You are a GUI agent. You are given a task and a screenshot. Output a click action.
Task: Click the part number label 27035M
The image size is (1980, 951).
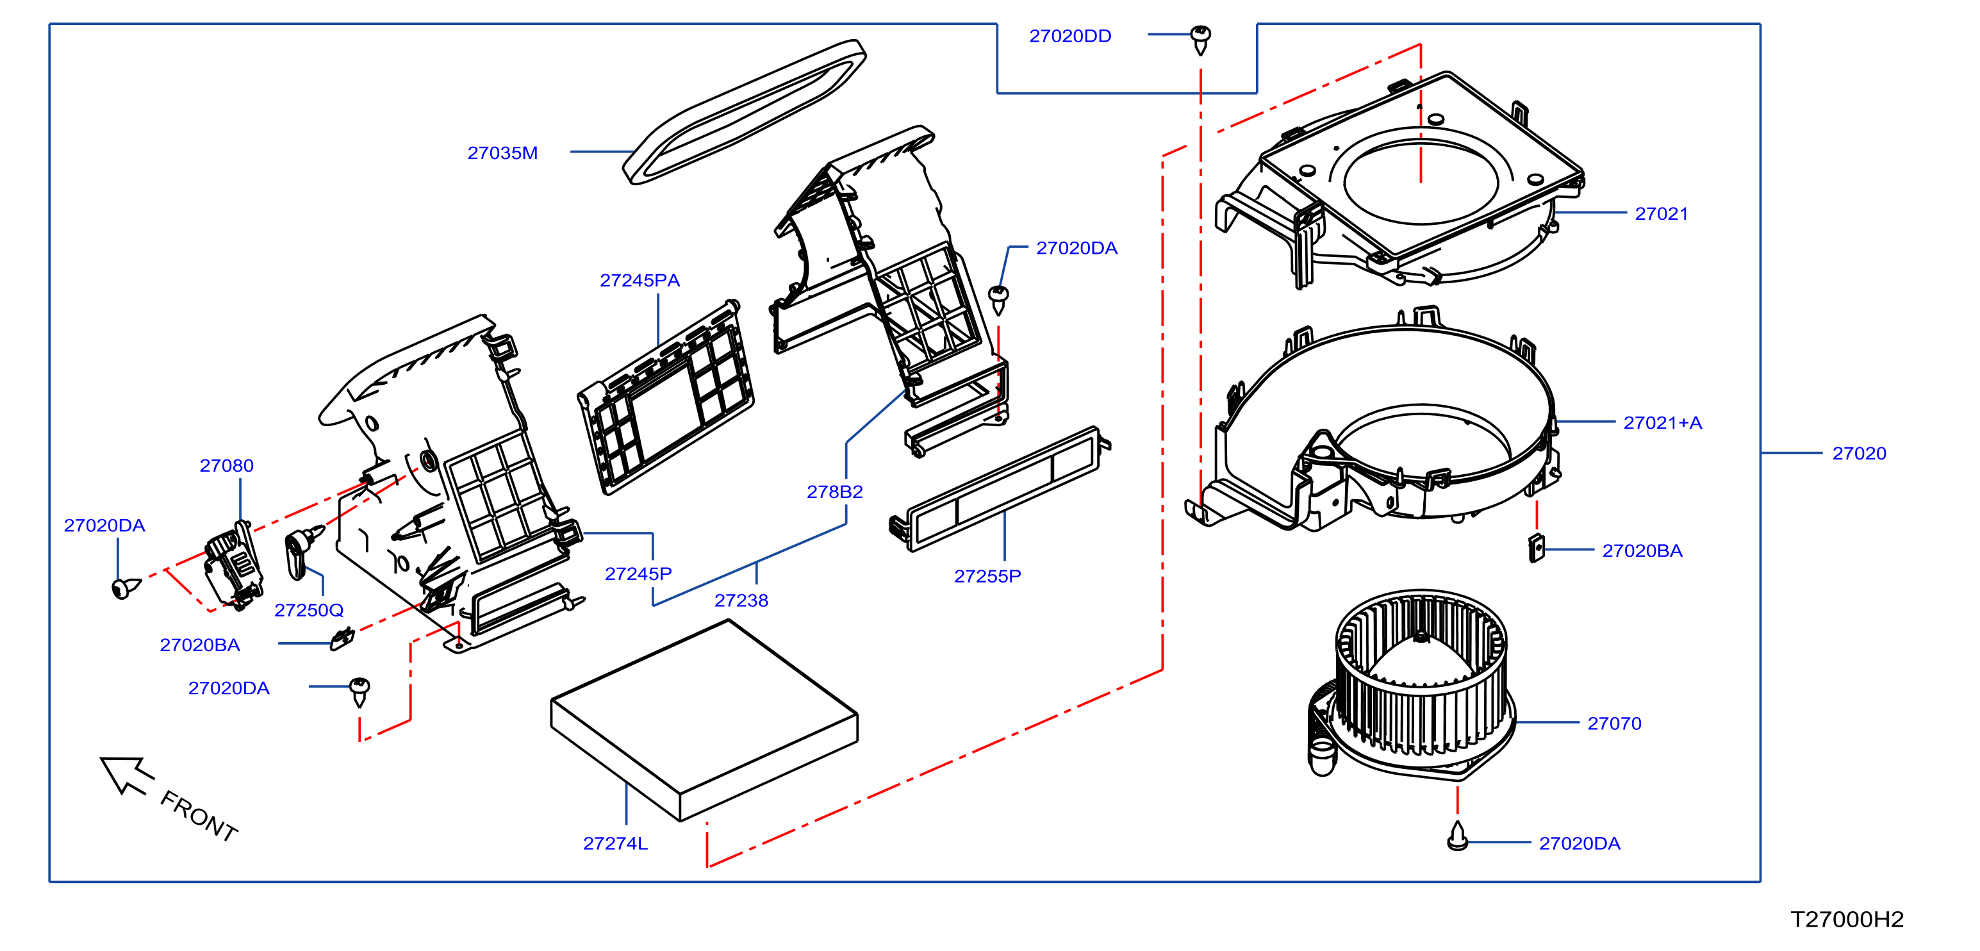coord(502,153)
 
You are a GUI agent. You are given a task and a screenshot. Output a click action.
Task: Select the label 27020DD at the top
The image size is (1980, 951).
coord(1070,36)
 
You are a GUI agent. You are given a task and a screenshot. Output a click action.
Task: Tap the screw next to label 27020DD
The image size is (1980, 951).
coord(1201,40)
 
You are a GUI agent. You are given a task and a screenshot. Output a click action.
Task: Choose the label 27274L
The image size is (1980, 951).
coord(615,843)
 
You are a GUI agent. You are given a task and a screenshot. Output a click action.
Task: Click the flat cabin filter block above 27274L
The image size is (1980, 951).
coord(704,720)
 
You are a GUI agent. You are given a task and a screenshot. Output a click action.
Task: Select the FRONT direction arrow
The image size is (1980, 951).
coord(126,774)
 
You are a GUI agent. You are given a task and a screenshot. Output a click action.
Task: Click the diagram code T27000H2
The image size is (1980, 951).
coord(1847,920)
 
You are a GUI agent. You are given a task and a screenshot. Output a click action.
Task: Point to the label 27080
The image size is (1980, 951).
coord(226,466)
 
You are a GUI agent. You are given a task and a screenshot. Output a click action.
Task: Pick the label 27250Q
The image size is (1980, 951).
coord(308,611)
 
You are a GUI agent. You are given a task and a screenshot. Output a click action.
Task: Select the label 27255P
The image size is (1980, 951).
coord(987,577)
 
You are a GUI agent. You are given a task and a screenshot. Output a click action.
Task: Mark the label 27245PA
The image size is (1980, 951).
coord(639,281)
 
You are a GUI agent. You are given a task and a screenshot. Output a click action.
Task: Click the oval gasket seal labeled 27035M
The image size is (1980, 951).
coord(744,112)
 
